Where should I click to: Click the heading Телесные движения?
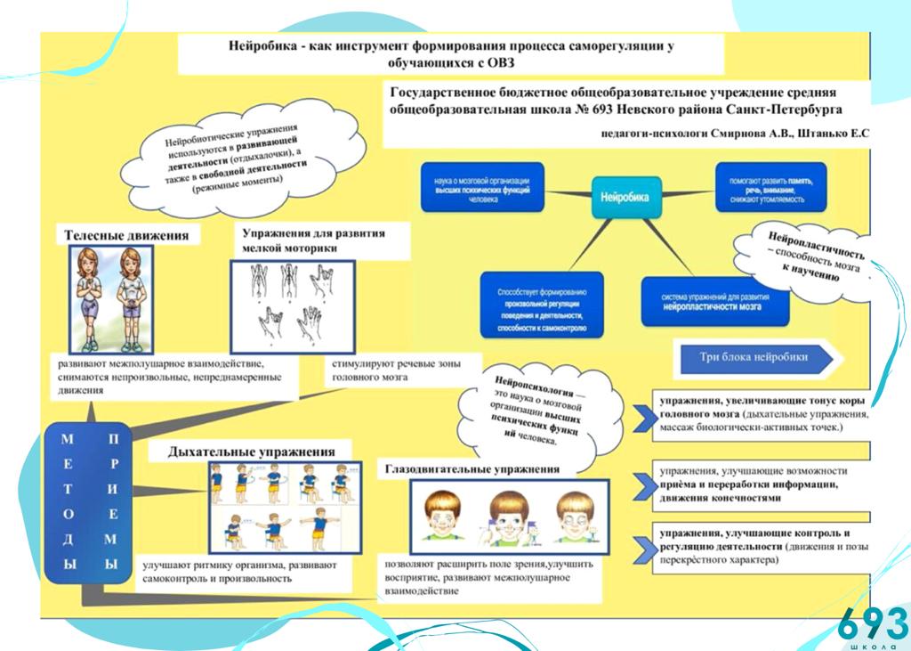coord(126,235)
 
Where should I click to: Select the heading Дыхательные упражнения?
coord(252,452)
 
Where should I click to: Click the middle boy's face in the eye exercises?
coord(510,517)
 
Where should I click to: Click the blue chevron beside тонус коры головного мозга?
coord(643,419)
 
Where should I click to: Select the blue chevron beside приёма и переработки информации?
coord(643,484)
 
